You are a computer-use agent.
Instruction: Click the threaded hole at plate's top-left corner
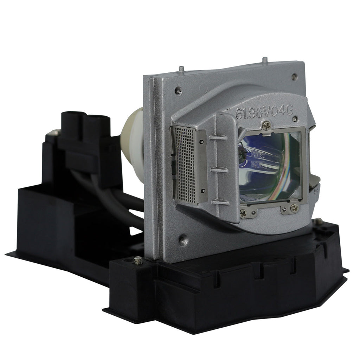178,91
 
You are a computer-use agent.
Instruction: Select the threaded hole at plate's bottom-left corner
183,240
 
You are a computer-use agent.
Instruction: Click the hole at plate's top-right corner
294,77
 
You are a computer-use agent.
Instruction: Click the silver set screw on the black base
138,261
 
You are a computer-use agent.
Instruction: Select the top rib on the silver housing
219,137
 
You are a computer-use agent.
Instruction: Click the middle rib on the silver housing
219,169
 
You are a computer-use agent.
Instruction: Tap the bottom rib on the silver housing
220,202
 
